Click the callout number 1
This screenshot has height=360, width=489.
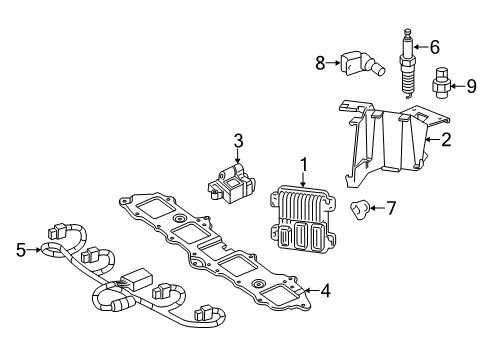tap(304, 165)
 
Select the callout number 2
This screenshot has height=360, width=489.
tap(446, 140)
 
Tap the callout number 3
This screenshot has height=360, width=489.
tap(238, 141)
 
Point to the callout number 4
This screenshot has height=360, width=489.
tap(325, 291)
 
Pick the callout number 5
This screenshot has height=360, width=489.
tap(21, 250)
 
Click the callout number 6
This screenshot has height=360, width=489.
tap(434, 47)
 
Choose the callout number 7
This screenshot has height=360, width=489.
tap(390, 208)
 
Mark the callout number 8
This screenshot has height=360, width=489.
tap(320, 63)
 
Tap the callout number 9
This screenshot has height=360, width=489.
tap(471, 86)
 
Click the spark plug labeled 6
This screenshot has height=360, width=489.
tap(408, 63)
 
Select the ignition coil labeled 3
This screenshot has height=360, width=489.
tap(231, 183)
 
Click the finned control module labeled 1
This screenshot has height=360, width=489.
tap(302, 218)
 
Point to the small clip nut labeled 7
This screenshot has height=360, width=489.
tap(359, 210)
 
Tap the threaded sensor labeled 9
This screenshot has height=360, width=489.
tap(440, 84)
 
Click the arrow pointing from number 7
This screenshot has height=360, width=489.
tap(377, 208)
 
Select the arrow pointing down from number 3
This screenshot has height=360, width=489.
tap(238, 156)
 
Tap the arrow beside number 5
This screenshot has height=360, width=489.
tap(34, 249)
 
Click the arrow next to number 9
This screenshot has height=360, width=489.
tap(457, 86)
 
